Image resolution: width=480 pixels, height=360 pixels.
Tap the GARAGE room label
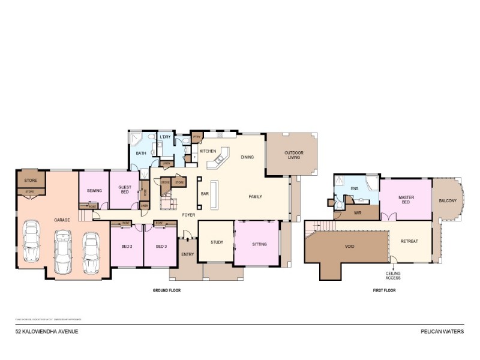[62, 220]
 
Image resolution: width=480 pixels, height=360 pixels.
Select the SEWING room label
[94, 191]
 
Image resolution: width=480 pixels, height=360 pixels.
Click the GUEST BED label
[124, 190]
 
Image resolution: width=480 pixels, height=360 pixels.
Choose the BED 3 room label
[161, 246]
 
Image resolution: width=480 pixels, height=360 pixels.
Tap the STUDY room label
[217, 243]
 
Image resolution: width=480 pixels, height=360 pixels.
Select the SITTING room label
[259, 244]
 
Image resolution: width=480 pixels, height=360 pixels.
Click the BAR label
[205, 194]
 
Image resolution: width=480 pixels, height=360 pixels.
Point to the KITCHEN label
[208, 151]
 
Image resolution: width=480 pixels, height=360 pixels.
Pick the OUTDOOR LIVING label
[294, 155]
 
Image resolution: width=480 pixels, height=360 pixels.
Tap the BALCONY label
[448, 200]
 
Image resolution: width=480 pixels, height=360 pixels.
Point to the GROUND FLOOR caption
[166, 290]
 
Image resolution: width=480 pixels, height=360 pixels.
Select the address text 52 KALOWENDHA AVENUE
[46, 331]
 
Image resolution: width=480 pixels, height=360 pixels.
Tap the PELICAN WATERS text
[443, 331]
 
